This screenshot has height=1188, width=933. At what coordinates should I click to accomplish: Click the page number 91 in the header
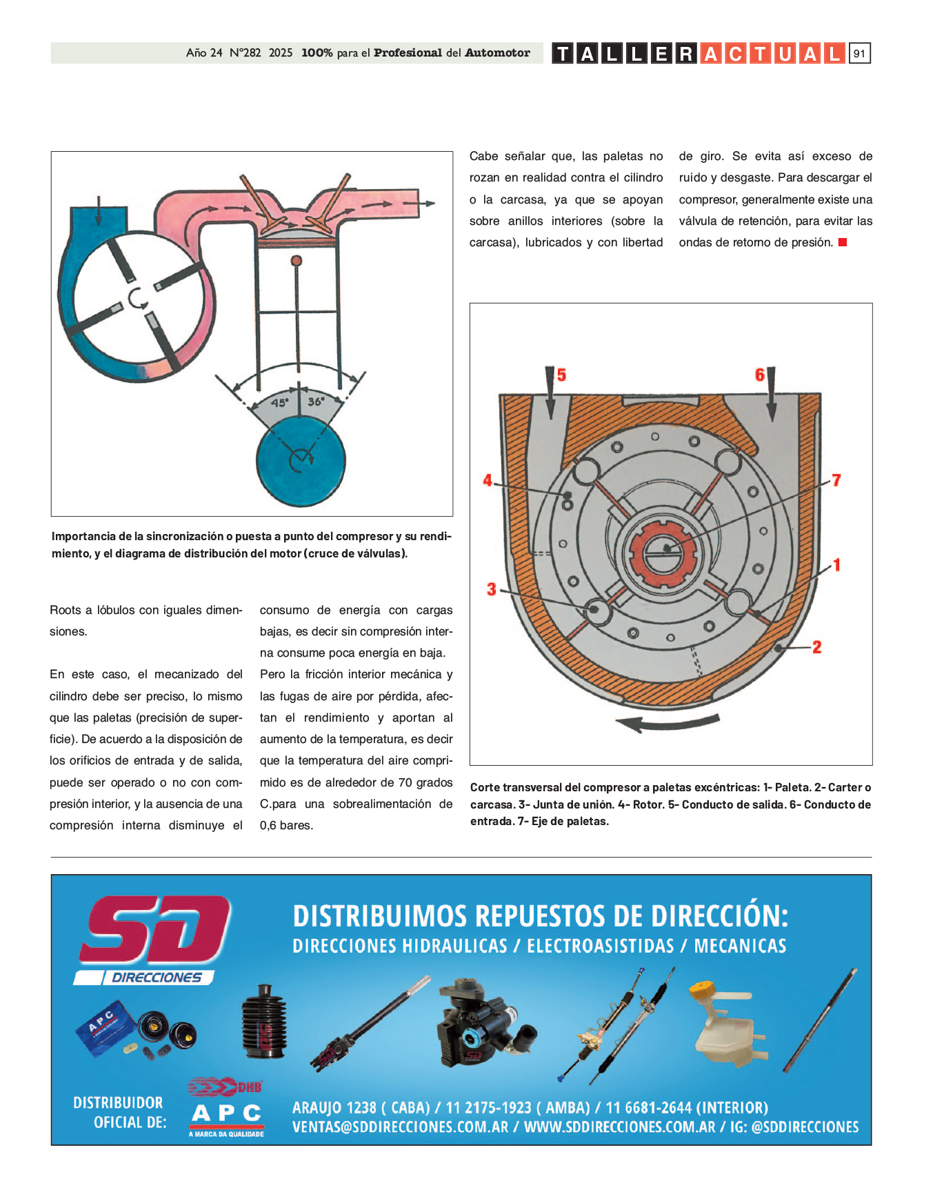coord(859,54)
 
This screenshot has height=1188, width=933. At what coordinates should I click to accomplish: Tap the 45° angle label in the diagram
coord(279,403)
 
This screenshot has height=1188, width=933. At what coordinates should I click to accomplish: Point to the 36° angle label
coord(316,402)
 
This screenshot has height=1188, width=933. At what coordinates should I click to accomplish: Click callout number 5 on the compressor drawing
coord(561,375)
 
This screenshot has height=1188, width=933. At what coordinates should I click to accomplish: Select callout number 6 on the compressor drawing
coord(759,375)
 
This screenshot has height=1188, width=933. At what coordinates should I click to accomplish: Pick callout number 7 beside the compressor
coord(836,480)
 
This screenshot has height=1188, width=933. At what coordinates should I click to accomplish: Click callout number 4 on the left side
coord(488,480)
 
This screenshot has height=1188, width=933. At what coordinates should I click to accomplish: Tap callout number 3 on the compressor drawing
coord(491,589)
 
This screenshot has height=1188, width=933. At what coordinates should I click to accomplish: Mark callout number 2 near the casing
coord(816,647)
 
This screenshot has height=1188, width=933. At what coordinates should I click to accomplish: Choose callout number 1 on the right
coord(836,565)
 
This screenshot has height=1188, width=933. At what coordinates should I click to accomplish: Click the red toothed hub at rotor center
coord(665,552)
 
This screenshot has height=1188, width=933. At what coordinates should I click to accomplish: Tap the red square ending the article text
coord(842,242)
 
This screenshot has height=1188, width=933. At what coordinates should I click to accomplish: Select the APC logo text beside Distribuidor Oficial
coord(226,1113)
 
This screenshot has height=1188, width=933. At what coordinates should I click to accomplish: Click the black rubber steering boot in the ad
coord(264,1022)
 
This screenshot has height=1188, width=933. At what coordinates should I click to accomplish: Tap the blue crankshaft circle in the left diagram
coord(301,459)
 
